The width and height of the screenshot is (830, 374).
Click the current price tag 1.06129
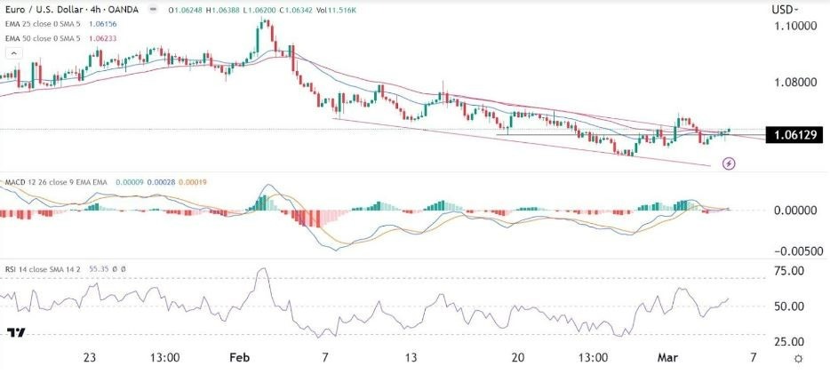click(792, 135)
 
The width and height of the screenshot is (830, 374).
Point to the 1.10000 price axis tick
click(791, 27)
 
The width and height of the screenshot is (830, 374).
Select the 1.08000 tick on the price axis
click(791, 83)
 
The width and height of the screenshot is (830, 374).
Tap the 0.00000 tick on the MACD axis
click(791, 211)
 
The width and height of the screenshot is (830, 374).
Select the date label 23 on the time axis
click(89, 358)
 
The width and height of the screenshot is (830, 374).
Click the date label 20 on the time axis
click(518, 358)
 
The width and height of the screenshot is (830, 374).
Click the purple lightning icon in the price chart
click(729, 163)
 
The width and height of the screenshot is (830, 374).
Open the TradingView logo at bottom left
click(15, 334)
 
